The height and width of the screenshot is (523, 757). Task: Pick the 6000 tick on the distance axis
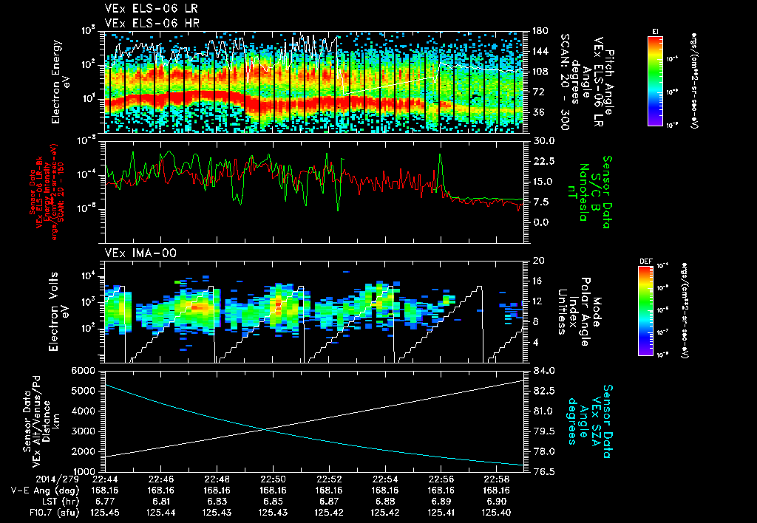click(x=87, y=370)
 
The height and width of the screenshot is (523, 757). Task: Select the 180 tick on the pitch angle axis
click(x=537, y=31)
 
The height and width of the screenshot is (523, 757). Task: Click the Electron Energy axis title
click(x=62, y=81)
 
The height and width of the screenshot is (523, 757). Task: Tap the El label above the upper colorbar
click(x=655, y=30)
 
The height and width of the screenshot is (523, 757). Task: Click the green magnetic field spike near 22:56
click(x=441, y=156)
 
